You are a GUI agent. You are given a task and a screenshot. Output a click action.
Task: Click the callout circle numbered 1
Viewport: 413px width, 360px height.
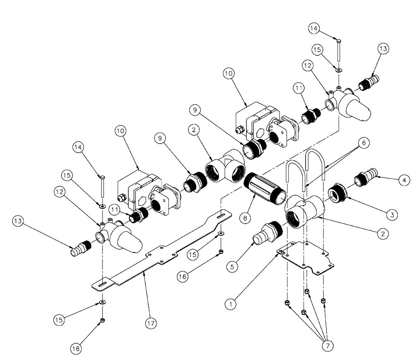231,304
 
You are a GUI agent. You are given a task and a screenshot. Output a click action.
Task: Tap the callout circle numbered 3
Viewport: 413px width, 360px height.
392,214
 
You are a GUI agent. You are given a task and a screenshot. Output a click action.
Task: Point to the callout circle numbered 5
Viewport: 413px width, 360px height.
232,267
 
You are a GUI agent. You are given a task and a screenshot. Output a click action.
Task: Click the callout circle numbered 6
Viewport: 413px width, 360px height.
364,142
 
